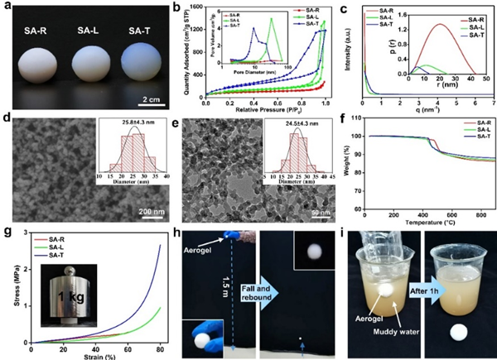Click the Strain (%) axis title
(x=100, y=356)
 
